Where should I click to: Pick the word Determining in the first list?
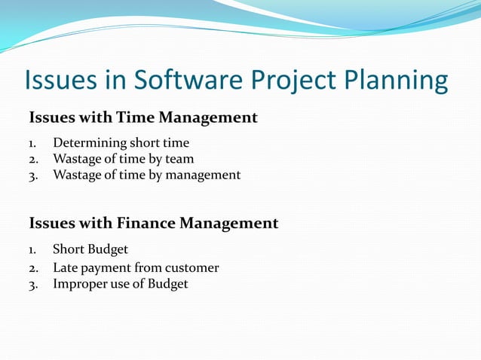coord(89,142)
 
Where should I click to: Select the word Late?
coord(66,267)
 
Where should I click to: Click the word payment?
coord(106,268)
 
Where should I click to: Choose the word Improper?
coord(81,284)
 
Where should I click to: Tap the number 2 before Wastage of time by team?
coord(32,159)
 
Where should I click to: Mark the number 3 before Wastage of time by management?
coord(32,175)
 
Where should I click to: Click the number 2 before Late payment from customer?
coord(32,268)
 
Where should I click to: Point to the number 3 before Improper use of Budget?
coord(32,285)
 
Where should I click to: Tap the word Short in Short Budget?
coord(69,249)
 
